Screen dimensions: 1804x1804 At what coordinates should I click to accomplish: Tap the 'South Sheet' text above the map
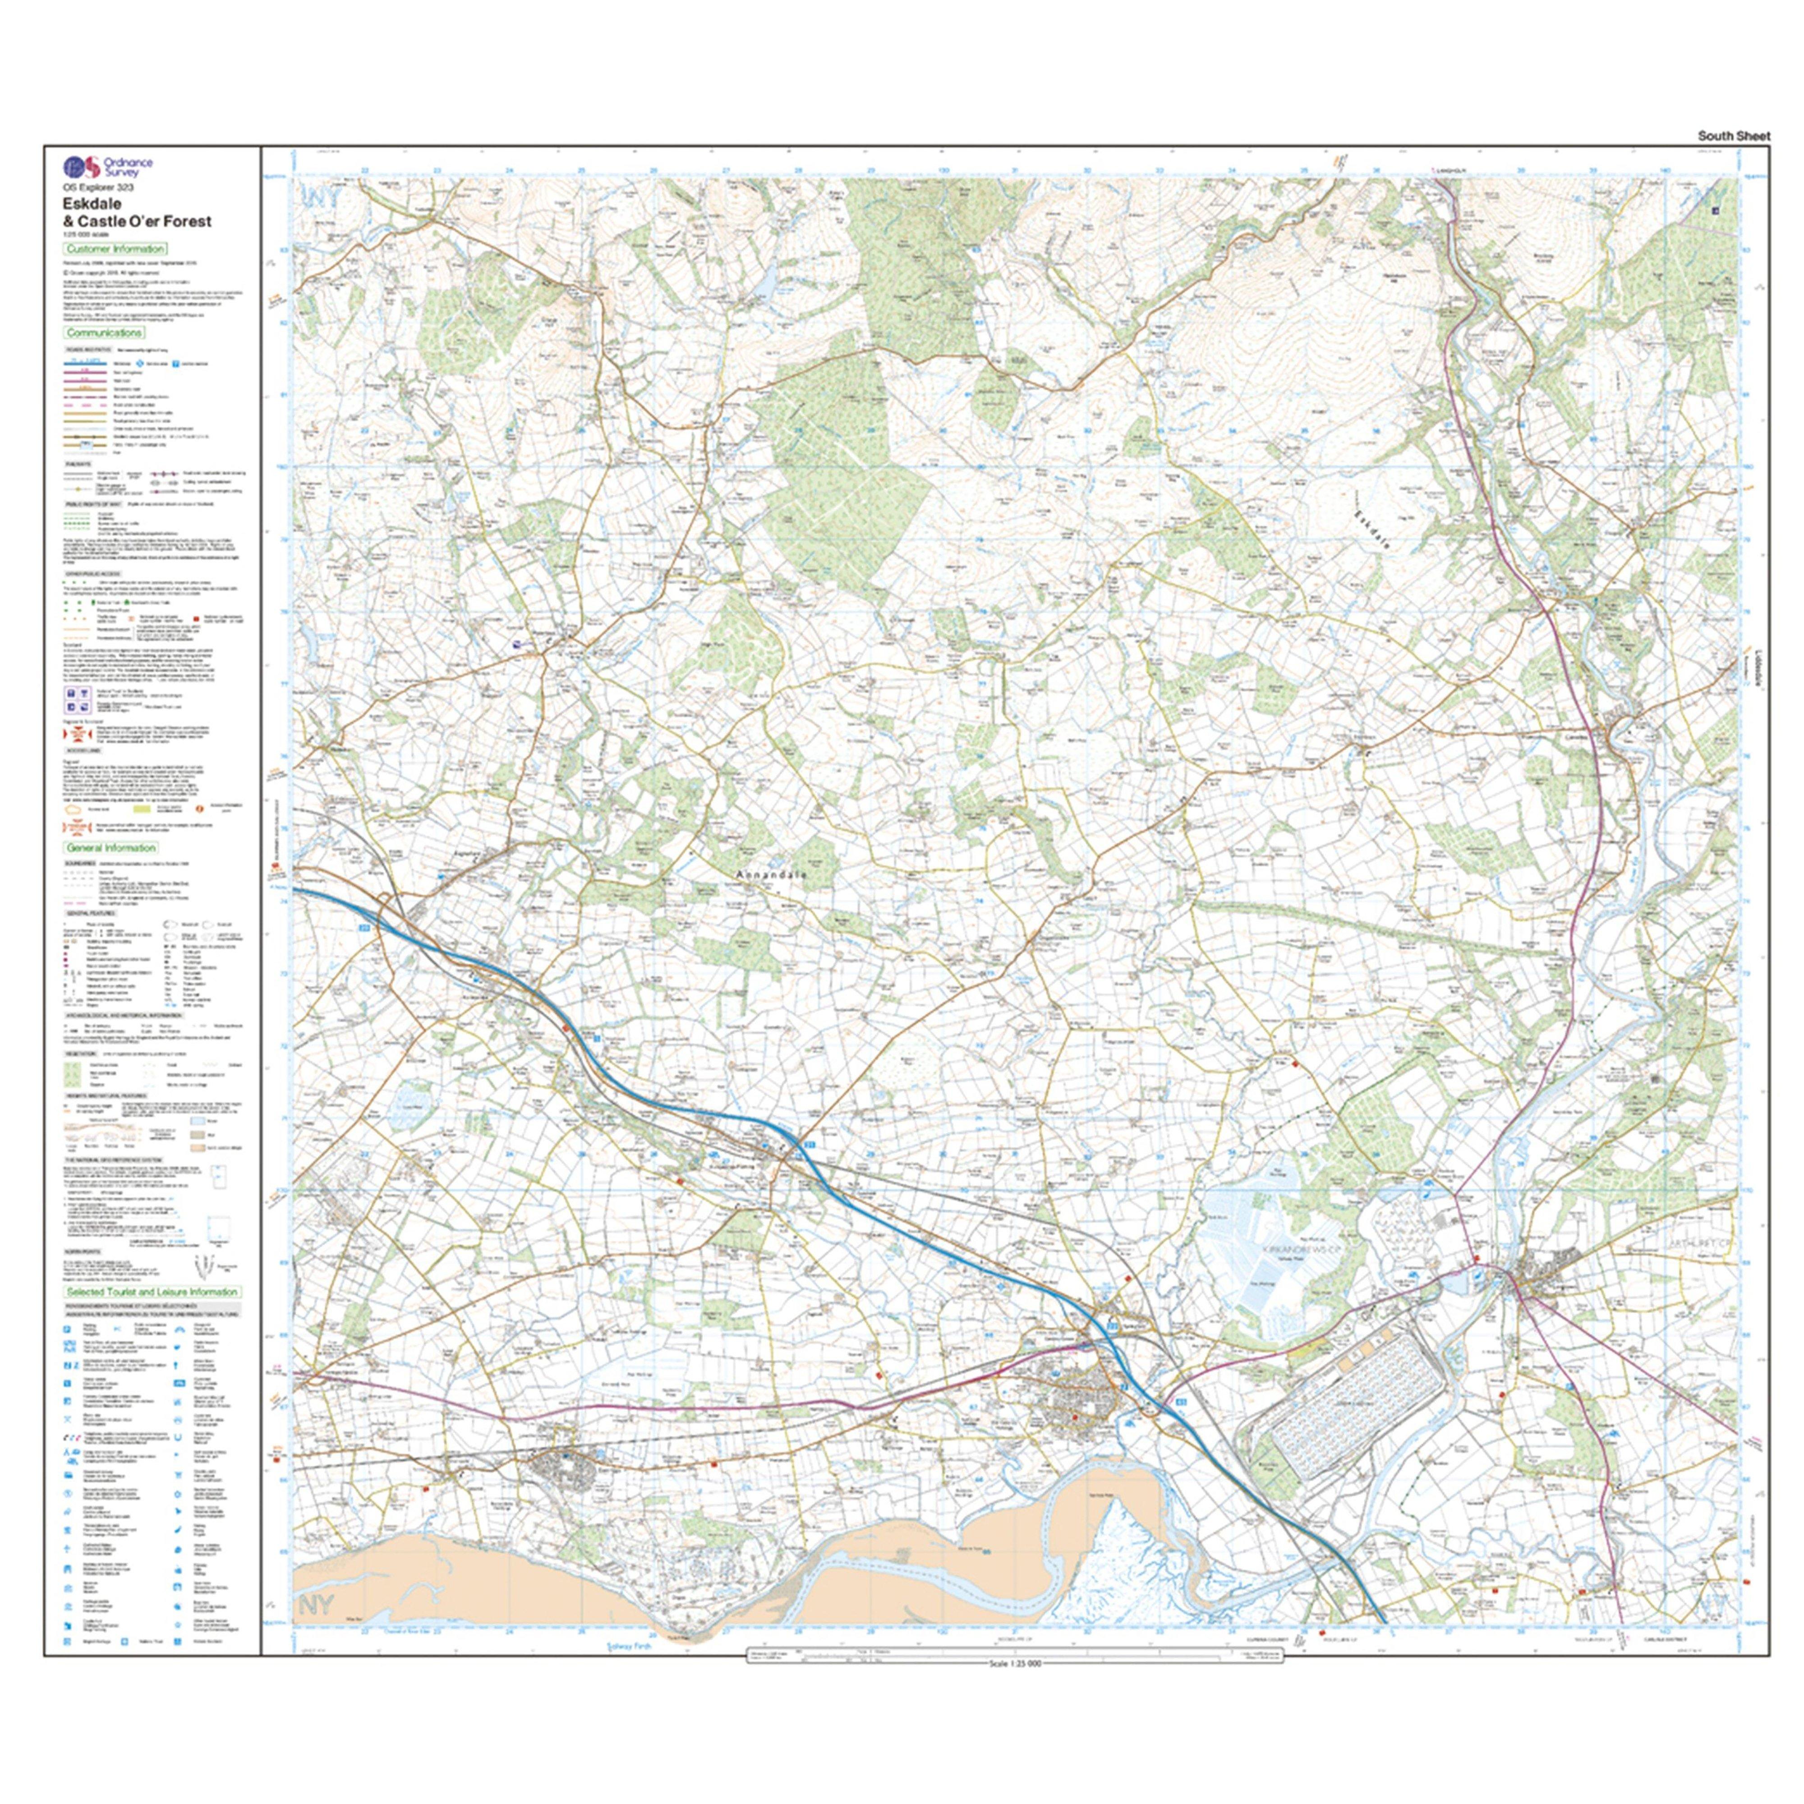[1733, 136]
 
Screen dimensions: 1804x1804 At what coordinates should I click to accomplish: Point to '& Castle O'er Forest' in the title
[137, 221]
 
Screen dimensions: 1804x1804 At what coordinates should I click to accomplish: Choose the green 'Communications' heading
[104, 332]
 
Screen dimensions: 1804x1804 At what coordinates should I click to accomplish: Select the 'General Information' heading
[110, 848]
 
